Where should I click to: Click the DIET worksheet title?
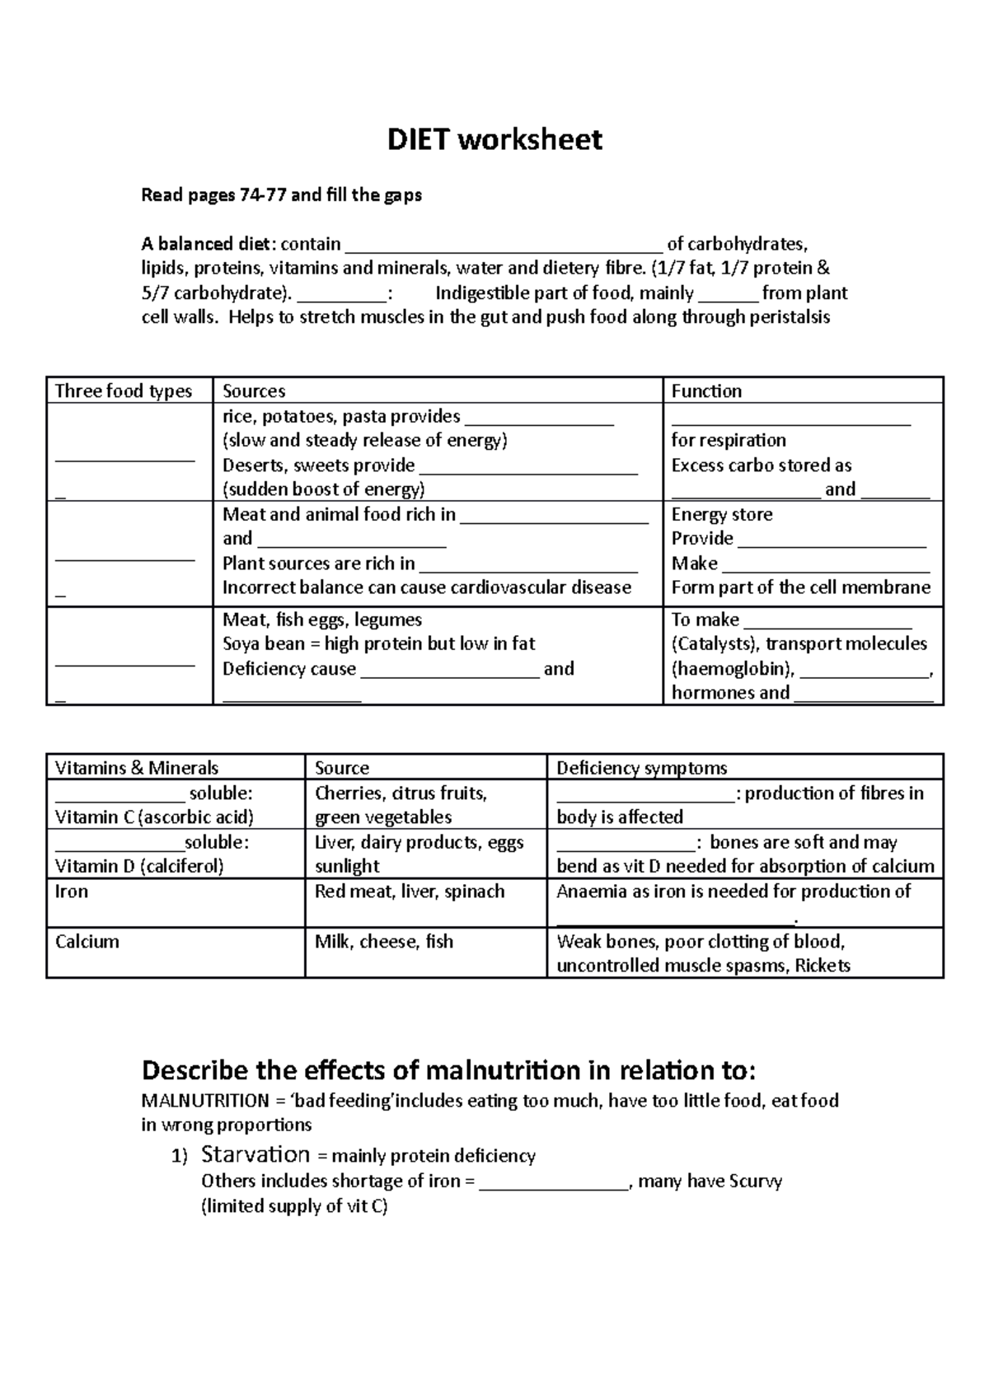(494, 140)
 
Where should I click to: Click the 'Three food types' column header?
(123, 391)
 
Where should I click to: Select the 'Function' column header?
(706, 391)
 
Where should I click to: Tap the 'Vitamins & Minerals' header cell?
(137, 769)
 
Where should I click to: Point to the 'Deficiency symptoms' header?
(641, 769)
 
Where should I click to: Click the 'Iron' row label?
(72, 891)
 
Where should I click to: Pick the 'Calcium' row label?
(87, 942)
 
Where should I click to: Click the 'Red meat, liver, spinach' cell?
(410, 891)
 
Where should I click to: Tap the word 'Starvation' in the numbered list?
(255, 1154)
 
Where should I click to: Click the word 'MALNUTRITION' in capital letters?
(205, 1101)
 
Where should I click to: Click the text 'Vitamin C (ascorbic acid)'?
(154, 817)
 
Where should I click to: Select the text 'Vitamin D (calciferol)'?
(139, 867)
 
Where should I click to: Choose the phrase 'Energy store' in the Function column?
(722, 515)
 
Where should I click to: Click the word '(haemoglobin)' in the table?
(732, 669)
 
